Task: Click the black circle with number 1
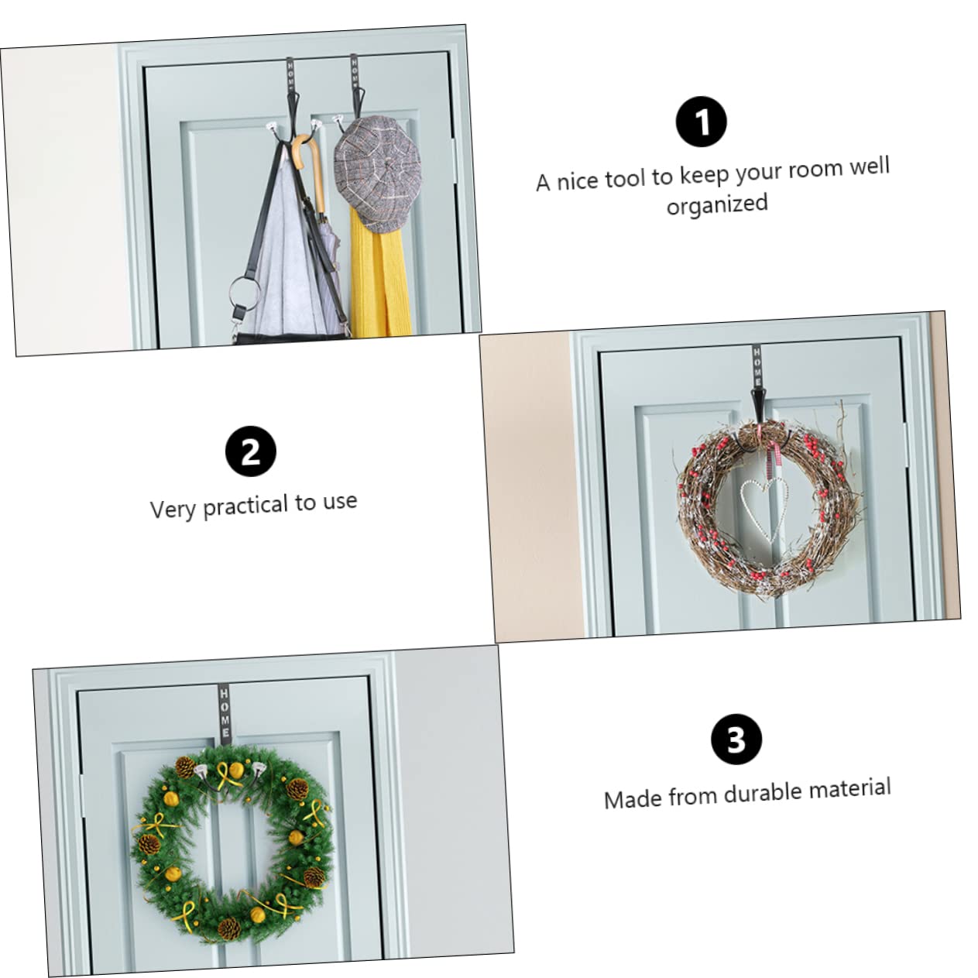701,122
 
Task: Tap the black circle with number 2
251,451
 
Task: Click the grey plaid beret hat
378,173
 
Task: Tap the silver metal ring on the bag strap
244,295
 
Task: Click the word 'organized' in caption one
716,204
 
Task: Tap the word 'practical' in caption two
245,506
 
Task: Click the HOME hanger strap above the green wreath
224,711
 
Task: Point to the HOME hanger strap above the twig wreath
757,366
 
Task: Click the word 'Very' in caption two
173,509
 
